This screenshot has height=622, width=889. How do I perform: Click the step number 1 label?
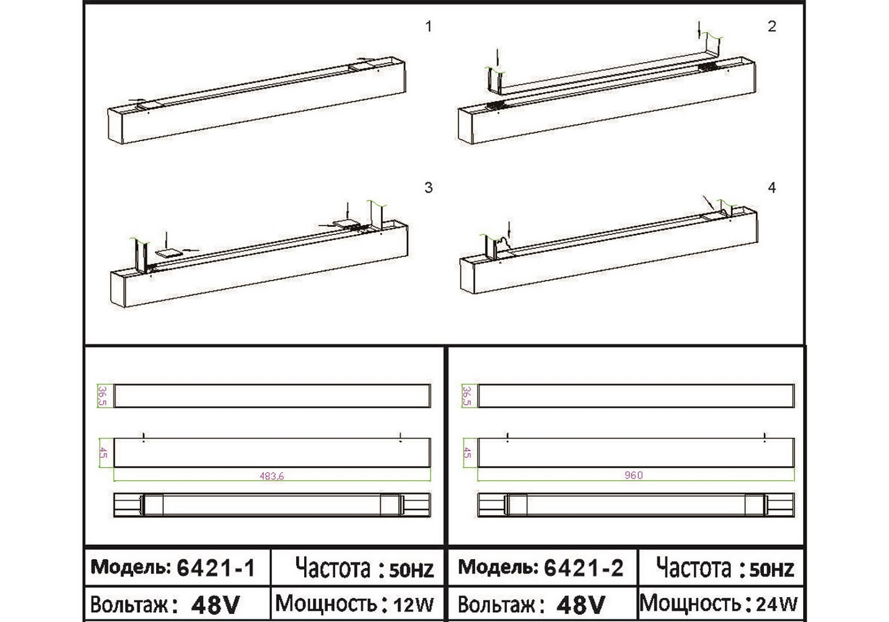click(428, 27)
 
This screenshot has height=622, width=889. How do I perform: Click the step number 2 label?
click(772, 27)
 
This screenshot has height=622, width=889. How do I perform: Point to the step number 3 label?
click(428, 188)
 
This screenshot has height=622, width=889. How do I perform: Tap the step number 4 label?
click(772, 188)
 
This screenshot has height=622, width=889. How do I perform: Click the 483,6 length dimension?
click(272, 476)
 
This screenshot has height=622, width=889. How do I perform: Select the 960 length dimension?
click(633, 475)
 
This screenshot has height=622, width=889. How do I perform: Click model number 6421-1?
click(215, 568)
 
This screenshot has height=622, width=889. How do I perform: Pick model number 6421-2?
click(584, 568)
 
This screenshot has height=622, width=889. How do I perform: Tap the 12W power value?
click(413, 605)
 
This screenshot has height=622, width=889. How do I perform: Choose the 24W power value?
click(776, 604)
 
